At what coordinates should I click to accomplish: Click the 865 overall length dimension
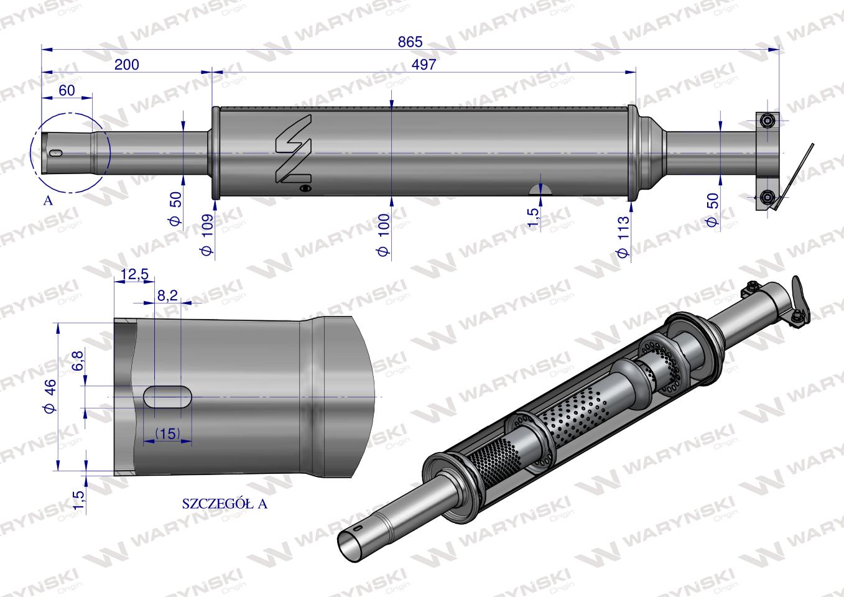coord(410,42)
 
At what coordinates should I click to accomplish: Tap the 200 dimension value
coord(127,65)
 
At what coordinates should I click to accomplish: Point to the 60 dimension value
coord(67,90)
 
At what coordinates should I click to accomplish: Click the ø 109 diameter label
coord(208,235)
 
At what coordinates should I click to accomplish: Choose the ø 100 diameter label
coord(384,235)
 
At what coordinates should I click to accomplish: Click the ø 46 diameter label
coord(50,395)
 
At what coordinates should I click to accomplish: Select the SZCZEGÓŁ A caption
coord(225,504)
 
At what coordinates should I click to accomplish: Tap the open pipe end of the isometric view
coord(352,543)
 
